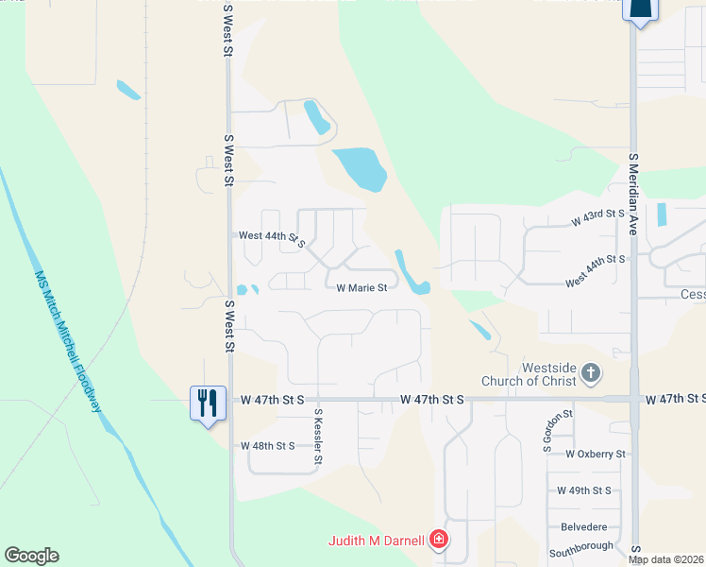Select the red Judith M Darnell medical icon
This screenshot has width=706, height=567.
(x=438, y=541)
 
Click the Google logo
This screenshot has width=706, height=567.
(x=31, y=556)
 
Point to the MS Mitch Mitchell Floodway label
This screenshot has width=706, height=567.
(x=68, y=341)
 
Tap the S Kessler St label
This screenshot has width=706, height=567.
(x=319, y=436)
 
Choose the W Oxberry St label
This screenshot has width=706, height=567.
(x=596, y=454)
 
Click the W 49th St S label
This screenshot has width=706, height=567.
(x=584, y=490)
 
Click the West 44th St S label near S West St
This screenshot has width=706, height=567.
(x=272, y=237)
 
